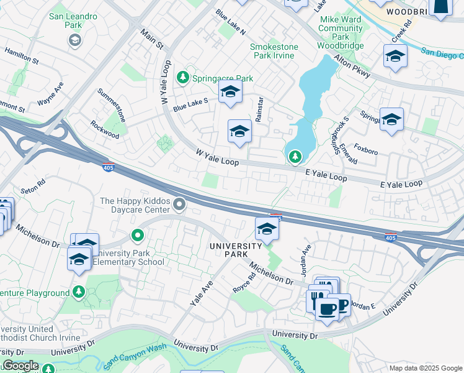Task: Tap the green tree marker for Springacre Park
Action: point(182,78)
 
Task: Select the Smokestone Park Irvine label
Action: point(274,51)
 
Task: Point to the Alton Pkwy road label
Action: point(352,65)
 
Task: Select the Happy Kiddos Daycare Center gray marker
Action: point(180,204)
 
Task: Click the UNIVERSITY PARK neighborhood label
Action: point(235,251)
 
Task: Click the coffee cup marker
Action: point(327,308)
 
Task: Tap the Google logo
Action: point(20,366)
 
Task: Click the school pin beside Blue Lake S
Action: point(230,93)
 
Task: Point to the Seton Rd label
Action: point(33,185)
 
